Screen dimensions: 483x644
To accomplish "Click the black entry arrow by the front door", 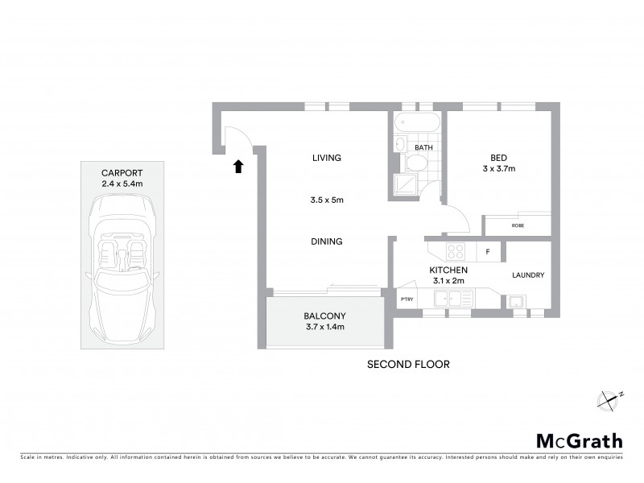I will [237, 167].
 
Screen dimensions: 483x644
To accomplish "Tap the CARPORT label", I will [122, 173].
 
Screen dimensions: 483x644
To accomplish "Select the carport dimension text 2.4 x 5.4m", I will [122, 184].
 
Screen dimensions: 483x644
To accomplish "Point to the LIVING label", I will [327, 158].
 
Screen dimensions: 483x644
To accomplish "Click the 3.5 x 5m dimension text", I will [327, 200].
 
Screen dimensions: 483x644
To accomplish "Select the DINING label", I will [327, 241].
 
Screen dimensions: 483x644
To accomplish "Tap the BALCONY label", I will [324, 316].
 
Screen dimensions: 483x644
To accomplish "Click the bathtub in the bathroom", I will [417, 123].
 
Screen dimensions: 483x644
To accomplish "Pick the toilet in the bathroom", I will [416, 164].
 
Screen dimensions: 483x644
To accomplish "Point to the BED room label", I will [498, 157].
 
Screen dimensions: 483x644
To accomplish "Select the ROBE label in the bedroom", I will [518, 226].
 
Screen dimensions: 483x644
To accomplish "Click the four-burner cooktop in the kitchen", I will [456, 250].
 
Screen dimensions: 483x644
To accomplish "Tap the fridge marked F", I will [488, 252].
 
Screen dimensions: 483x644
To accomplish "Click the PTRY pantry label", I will [407, 299].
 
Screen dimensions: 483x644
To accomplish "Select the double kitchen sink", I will [453, 299].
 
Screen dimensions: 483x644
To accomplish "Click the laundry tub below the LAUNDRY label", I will [514, 302].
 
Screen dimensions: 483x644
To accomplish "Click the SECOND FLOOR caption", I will [408, 364].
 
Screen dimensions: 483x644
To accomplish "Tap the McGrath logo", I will [580, 440].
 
